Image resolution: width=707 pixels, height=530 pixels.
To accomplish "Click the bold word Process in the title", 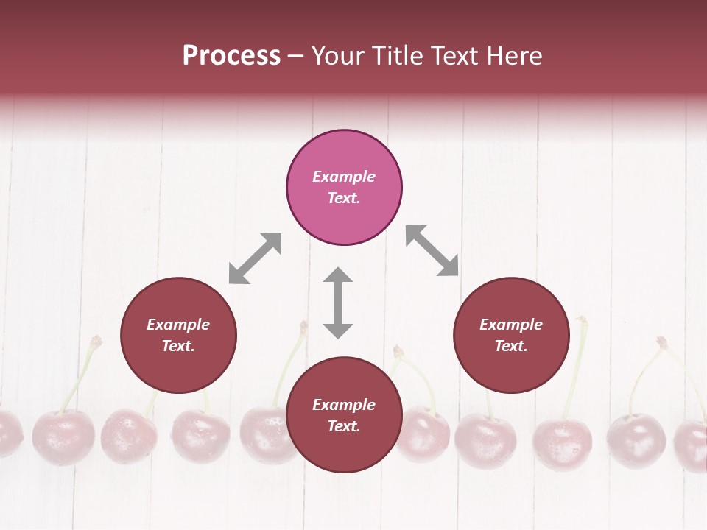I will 231,56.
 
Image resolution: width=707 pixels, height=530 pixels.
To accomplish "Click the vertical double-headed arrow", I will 338,303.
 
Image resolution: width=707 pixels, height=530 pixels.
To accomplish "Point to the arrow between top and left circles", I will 255,258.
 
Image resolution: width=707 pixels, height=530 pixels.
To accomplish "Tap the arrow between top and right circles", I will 432,250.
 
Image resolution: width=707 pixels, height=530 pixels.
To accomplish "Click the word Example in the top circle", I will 344,177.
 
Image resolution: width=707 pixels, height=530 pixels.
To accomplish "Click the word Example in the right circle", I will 511,325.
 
